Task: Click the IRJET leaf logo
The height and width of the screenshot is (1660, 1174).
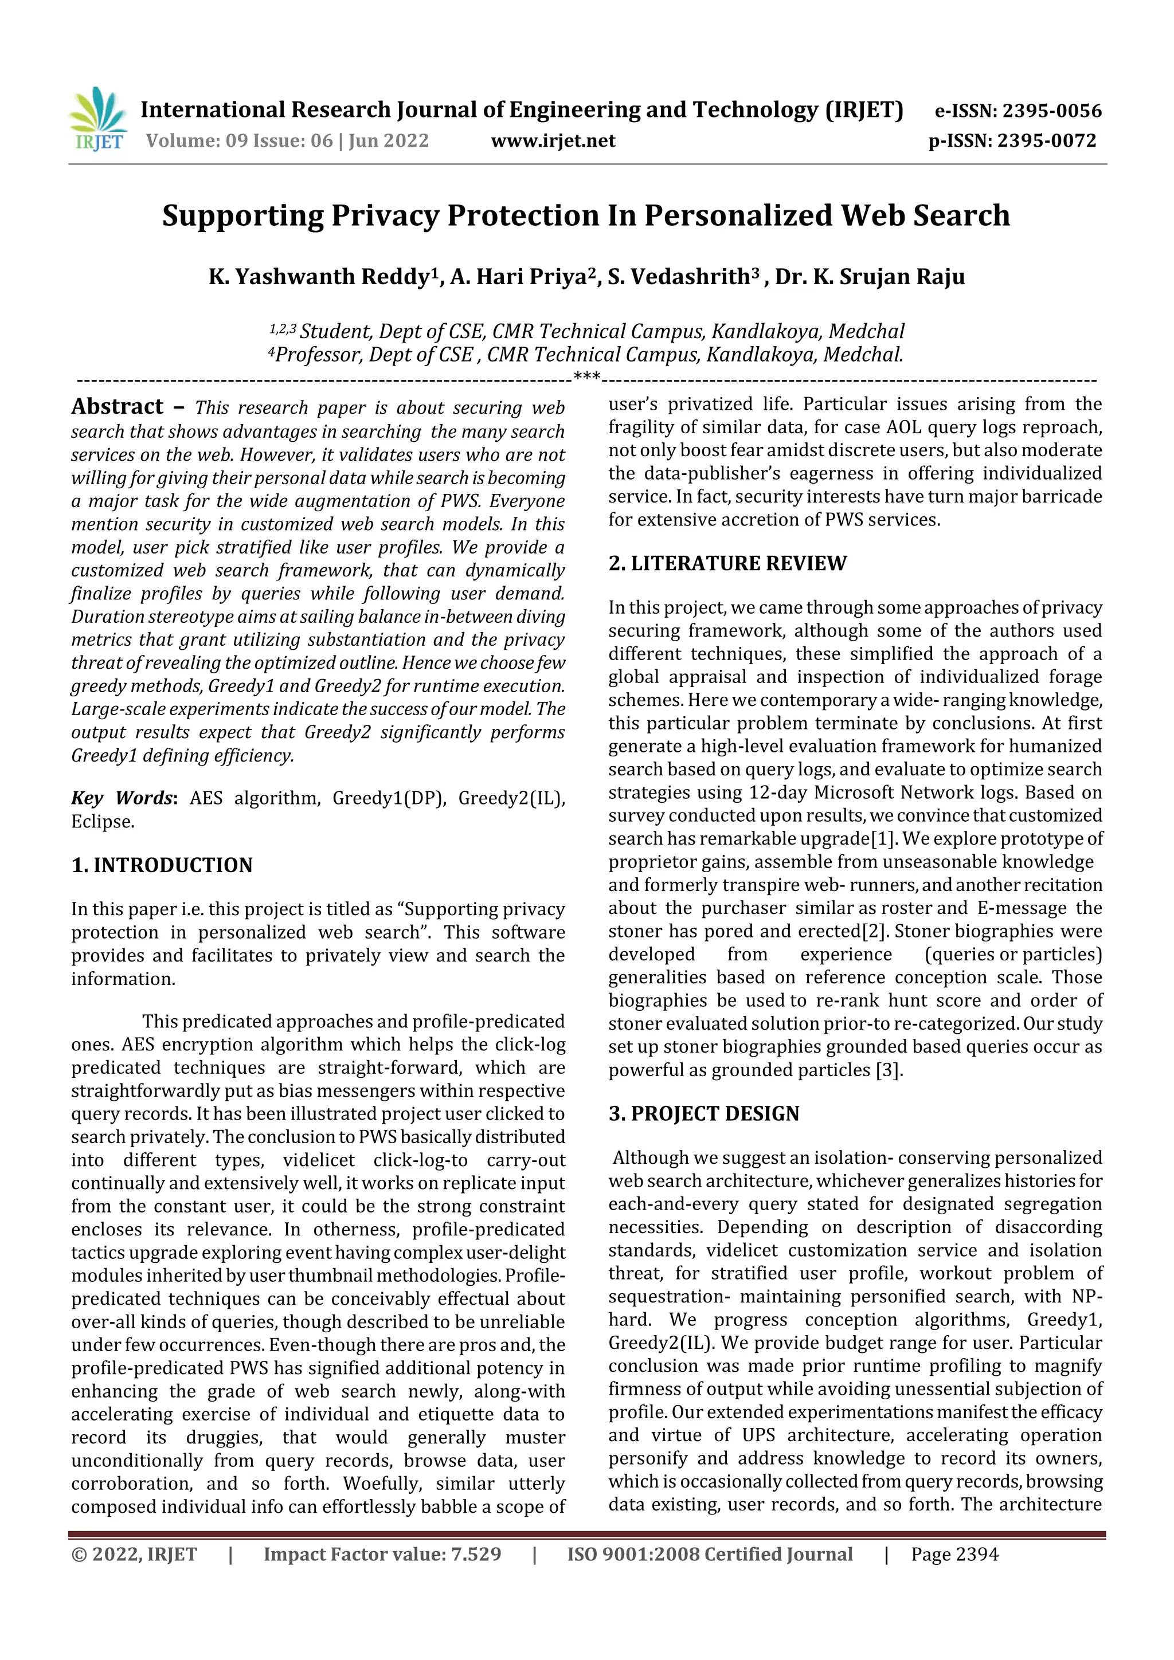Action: [x=99, y=118]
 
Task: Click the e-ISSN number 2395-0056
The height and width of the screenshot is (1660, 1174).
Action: [x=1052, y=111]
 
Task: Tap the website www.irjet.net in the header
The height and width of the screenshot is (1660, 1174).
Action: [x=553, y=141]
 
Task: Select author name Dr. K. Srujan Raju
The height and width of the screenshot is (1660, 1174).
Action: [x=870, y=277]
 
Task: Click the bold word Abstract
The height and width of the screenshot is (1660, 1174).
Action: [x=117, y=406]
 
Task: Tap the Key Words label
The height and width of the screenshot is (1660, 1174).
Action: [x=122, y=798]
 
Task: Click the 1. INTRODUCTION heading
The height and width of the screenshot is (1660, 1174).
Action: [x=162, y=865]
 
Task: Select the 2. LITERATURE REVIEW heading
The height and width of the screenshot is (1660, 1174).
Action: [x=727, y=563]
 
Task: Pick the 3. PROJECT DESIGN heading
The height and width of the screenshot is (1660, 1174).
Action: [x=704, y=1113]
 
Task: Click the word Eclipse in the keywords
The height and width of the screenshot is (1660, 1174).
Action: [x=102, y=822]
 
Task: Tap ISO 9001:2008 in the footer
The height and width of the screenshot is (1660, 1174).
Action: [x=633, y=1555]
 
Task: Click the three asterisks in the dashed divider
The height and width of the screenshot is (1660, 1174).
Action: [x=586, y=376]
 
